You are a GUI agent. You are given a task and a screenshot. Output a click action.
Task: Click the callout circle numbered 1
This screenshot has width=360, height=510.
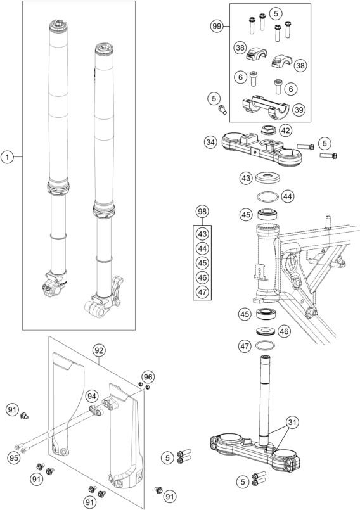[7, 157]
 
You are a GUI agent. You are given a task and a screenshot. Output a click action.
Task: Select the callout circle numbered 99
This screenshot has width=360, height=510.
[217, 26]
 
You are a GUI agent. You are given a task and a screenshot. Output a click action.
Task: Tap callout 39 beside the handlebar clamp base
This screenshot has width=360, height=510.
[299, 110]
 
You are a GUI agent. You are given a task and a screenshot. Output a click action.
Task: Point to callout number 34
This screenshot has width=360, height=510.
[210, 142]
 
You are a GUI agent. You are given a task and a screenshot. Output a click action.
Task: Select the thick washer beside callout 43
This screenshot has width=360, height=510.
[268, 177]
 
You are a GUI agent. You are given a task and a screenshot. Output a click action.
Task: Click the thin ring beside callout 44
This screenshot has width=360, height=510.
[268, 197]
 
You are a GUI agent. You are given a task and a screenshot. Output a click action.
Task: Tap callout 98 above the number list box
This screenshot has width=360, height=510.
[202, 212]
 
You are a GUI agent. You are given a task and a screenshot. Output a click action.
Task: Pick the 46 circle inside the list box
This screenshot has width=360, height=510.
[202, 277]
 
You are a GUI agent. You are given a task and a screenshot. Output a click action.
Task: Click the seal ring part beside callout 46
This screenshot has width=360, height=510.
[266, 331]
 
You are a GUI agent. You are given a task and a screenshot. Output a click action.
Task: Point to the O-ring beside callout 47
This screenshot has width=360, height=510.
[265, 346]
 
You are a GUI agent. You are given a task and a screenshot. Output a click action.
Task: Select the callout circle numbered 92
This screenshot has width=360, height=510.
[98, 350]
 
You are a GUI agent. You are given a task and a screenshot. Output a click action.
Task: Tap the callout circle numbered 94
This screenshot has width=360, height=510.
[92, 397]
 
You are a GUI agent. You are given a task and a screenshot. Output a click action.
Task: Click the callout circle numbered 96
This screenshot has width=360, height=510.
[148, 377]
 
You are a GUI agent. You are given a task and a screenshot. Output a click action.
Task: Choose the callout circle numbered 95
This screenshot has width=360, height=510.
[14, 457]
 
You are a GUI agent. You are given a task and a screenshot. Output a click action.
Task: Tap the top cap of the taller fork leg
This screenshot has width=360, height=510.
[58, 25]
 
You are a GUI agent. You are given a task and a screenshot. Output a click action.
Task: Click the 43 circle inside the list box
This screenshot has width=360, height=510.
[202, 234]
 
